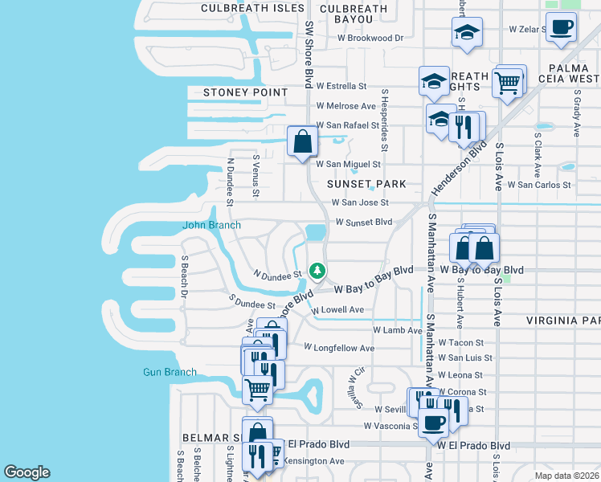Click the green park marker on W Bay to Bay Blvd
(x=318, y=271)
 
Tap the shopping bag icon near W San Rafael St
(x=302, y=141)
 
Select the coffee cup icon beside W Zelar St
(x=561, y=27)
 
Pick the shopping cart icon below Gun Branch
(x=257, y=390)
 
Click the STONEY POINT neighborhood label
(x=234, y=92)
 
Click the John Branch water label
(x=211, y=226)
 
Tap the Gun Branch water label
(x=170, y=372)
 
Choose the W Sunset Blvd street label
(x=363, y=222)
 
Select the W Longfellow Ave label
(x=339, y=348)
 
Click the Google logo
(x=27, y=472)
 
